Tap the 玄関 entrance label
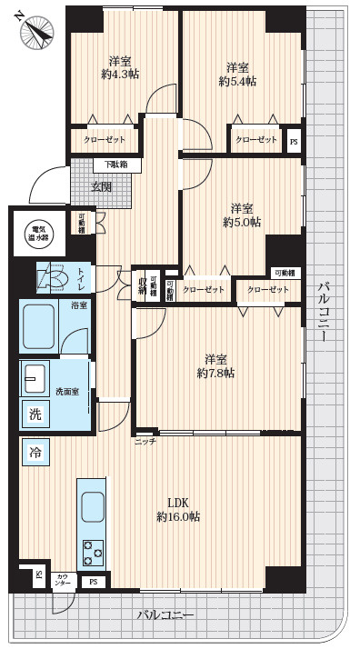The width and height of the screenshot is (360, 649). click(x=101, y=186)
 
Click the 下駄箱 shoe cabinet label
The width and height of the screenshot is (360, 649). click(x=115, y=165)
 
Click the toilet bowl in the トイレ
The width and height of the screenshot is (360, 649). click(x=54, y=276)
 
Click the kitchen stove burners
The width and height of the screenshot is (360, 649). click(x=94, y=551)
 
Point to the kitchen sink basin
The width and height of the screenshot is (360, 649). click(x=93, y=506)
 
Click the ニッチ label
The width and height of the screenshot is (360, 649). click(x=145, y=441)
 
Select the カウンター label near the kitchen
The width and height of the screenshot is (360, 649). click(x=63, y=578)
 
